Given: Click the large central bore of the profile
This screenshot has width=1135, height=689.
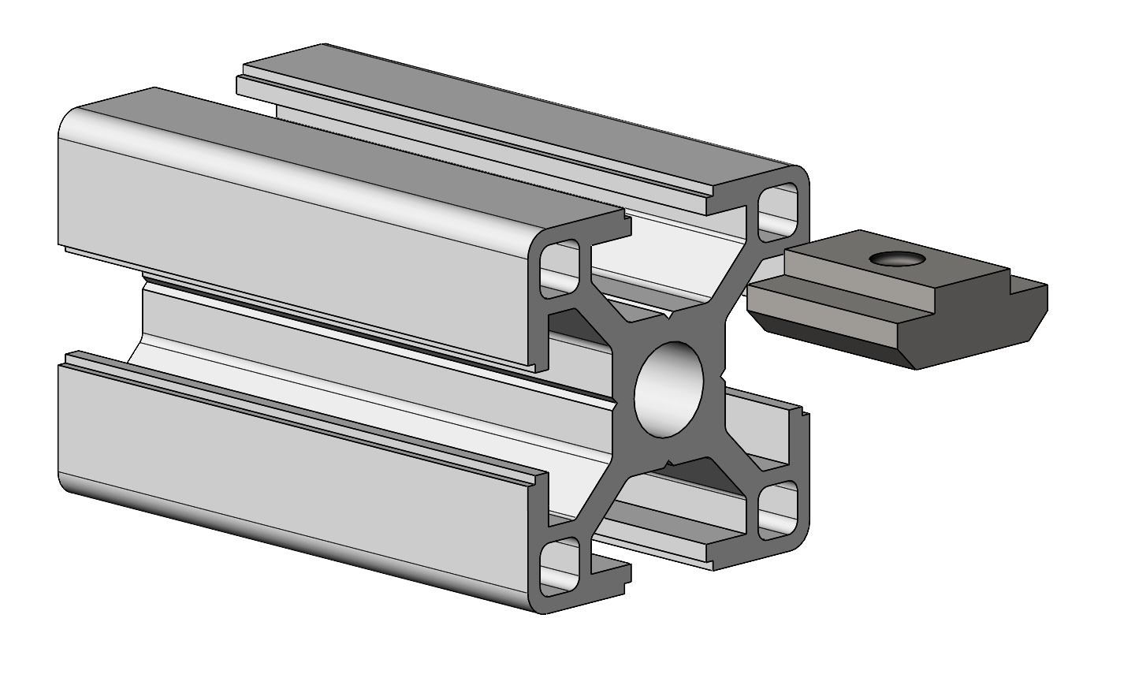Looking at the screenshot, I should pyautogui.click(x=669, y=389).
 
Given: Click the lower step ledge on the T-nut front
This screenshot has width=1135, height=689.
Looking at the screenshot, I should pyautogui.click(x=820, y=304).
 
